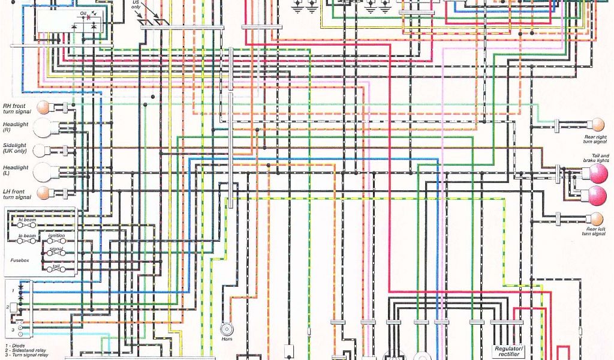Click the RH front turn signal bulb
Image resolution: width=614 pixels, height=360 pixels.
pos(43,108)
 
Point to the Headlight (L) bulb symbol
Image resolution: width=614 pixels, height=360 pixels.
pos(43,172)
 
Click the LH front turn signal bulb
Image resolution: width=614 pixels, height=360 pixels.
pos(43,193)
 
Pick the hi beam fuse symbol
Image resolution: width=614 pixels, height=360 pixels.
pos(27,225)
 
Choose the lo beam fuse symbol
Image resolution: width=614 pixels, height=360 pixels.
pos(27,241)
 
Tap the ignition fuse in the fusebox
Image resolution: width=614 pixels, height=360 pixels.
pos(57,241)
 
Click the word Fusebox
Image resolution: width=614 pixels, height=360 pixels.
pos(20,260)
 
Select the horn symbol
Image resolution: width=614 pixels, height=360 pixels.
pos(227,329)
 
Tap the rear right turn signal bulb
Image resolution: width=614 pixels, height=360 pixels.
pos(597,125)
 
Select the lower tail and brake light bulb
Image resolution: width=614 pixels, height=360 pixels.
pos(597,195)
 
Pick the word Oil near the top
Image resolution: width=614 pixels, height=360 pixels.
pos(83,13)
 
